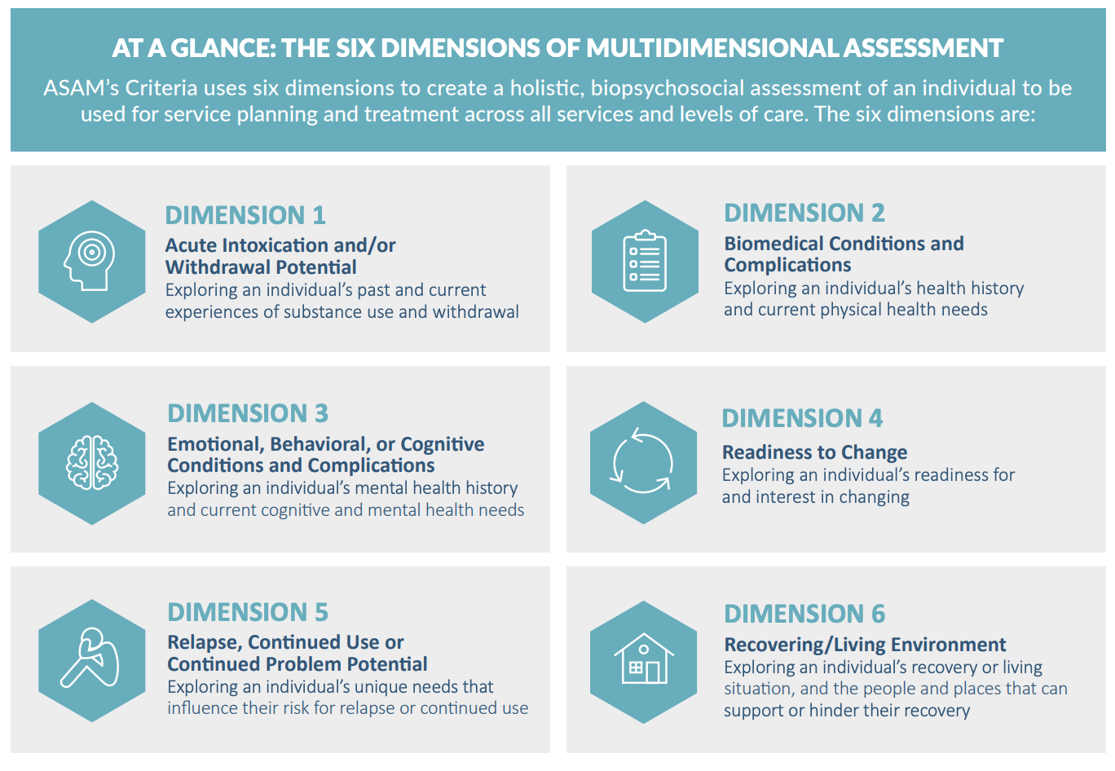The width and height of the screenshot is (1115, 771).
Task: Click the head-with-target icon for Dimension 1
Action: point(90,261)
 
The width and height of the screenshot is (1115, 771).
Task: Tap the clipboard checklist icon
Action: point(645,261)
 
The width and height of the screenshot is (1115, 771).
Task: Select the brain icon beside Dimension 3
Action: point(92,463)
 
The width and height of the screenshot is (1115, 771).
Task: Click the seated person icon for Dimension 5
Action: point(90,658)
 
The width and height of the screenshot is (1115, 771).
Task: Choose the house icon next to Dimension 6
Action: point(644,659)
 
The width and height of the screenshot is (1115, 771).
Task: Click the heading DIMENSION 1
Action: point(245,215)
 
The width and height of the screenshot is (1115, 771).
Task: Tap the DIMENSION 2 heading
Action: point(804,213)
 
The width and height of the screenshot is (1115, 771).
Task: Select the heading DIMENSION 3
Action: point(248,413)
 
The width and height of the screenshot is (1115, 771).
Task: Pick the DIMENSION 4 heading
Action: point(802,418)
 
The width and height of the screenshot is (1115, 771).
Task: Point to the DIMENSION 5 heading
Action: point(248,612)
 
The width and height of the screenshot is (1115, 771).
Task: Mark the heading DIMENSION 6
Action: point(805,614)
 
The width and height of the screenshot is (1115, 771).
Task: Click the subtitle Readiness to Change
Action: point(815,452)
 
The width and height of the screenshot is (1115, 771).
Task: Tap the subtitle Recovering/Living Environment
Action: point(865,645)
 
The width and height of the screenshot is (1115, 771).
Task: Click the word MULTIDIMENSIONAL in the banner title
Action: point(712,48)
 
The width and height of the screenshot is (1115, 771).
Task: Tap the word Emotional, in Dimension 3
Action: point(215,444)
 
